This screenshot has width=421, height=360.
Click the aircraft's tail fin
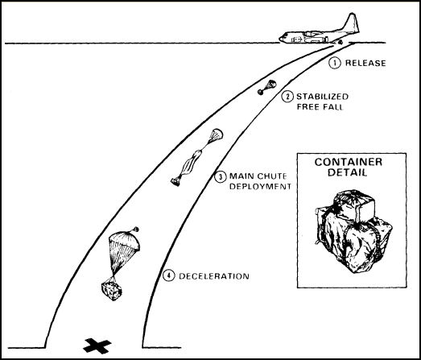(352, 23)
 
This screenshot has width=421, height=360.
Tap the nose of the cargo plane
(280, 39)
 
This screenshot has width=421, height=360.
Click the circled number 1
(335, 63)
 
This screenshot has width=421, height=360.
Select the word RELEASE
(365, 63)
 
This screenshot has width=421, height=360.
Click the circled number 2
(287, 97)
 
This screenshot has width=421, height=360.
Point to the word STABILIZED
(322, 97)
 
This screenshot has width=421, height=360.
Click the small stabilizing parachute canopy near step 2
(270, 84)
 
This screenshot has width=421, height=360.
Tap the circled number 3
(221, 176)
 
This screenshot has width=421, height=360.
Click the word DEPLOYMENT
(261, 187)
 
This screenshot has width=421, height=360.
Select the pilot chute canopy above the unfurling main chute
(216, 134)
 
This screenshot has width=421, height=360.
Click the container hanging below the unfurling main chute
(175, 182)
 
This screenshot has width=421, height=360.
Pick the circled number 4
(168, 275)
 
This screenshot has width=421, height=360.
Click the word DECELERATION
(214, 276)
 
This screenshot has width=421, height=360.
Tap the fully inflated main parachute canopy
(124, 241)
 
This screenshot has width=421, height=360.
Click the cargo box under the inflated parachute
(111, 291)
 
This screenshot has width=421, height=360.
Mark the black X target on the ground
(97, 346)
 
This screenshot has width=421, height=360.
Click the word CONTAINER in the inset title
(349, 162)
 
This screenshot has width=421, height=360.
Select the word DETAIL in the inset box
(347, 172)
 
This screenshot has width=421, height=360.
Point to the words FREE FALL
(320, 107)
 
